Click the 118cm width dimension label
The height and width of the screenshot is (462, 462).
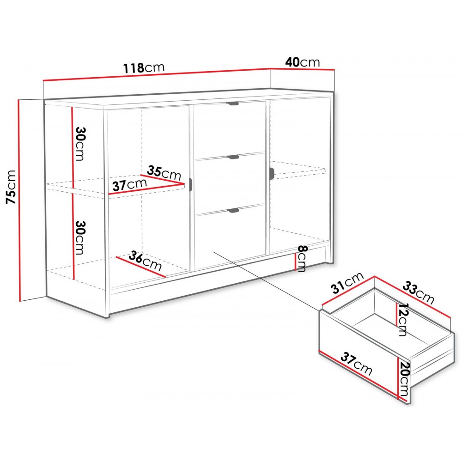click(x=144, y=67)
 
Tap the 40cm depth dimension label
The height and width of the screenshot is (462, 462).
click(x=303, y=62)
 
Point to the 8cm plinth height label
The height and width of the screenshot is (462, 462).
click(x=302, y=259)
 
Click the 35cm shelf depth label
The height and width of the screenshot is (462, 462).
click(x=164, y=173)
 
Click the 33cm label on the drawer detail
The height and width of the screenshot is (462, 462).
click(x=419, y=292)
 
